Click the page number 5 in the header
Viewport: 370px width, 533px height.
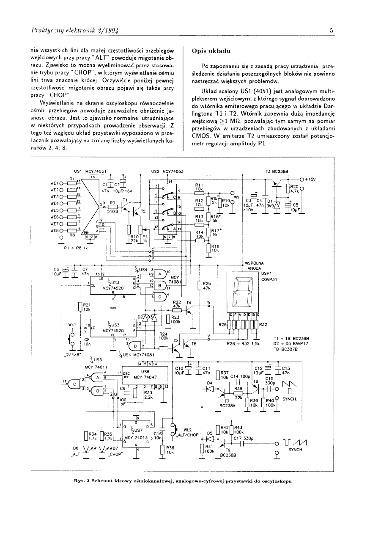coord(332,30)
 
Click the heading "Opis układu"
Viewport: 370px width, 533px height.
coord(211,50)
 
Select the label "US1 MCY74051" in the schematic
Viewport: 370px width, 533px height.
coord(90,171)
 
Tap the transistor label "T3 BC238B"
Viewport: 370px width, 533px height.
coord(277,171)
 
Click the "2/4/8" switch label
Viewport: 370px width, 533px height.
coord(72,353)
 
